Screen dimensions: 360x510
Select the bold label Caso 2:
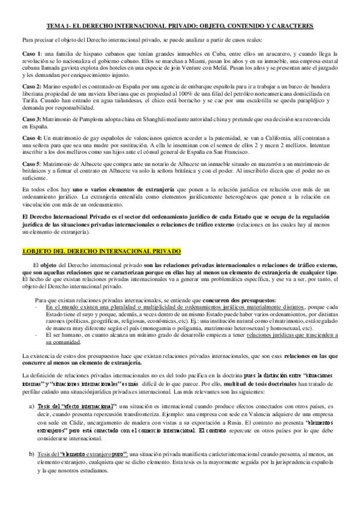(x=31, y=88)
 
